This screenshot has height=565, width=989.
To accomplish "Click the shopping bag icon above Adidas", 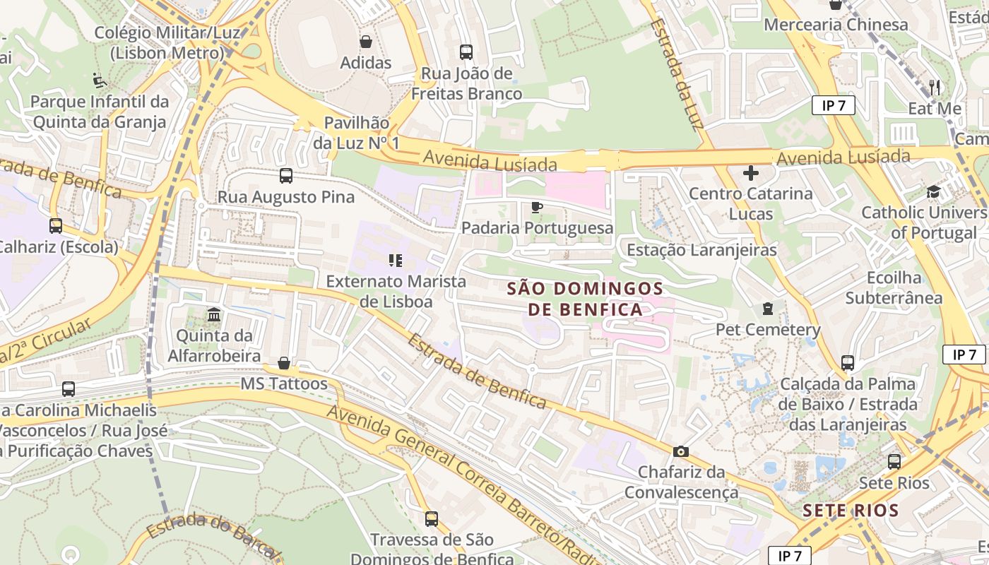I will pyautogui.click(x=366, y=42).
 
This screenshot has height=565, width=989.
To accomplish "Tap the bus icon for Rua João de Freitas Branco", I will pyautogui.click(x=466, y=52).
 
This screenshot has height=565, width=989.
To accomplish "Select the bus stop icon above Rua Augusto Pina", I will pyautogui.click(x=286, y=176).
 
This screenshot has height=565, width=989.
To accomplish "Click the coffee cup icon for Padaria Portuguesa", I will pyautogui.click(x=537, y=207).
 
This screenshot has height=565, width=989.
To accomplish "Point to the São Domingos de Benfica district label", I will pyautogui.click(x=586, y=299).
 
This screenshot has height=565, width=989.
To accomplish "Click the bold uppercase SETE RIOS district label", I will pyautogui.click(x=851, y=511).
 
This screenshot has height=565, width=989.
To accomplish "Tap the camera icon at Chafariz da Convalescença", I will pyautogui.click(x=681, y=451).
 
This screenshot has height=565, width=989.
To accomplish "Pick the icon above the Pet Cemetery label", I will pyautogui.click(x=768, y=309).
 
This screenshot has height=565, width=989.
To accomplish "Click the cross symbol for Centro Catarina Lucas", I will pyautogui.click(x=751, y=172).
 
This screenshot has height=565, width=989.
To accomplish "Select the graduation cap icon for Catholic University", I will pyautogui.click(x=933, y=192).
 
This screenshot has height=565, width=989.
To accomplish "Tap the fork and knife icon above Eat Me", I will pyautogui.click(x=935, y=88).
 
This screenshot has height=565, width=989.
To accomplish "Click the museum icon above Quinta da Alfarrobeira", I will pyautogui.click(x=214, y=314).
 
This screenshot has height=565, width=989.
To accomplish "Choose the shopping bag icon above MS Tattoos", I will pyautogui.click(x=284, y=363).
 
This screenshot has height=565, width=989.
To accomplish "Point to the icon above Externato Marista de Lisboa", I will pyautogui.click(x=396, y=261).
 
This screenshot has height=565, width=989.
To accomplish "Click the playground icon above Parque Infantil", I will pyautogui.click(x=100, y=81).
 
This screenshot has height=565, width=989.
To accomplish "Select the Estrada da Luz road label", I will pyautogui.click(x=677, y=74).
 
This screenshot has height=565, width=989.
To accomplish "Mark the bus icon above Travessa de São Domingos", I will pyautogui.click(x=432, y=519).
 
